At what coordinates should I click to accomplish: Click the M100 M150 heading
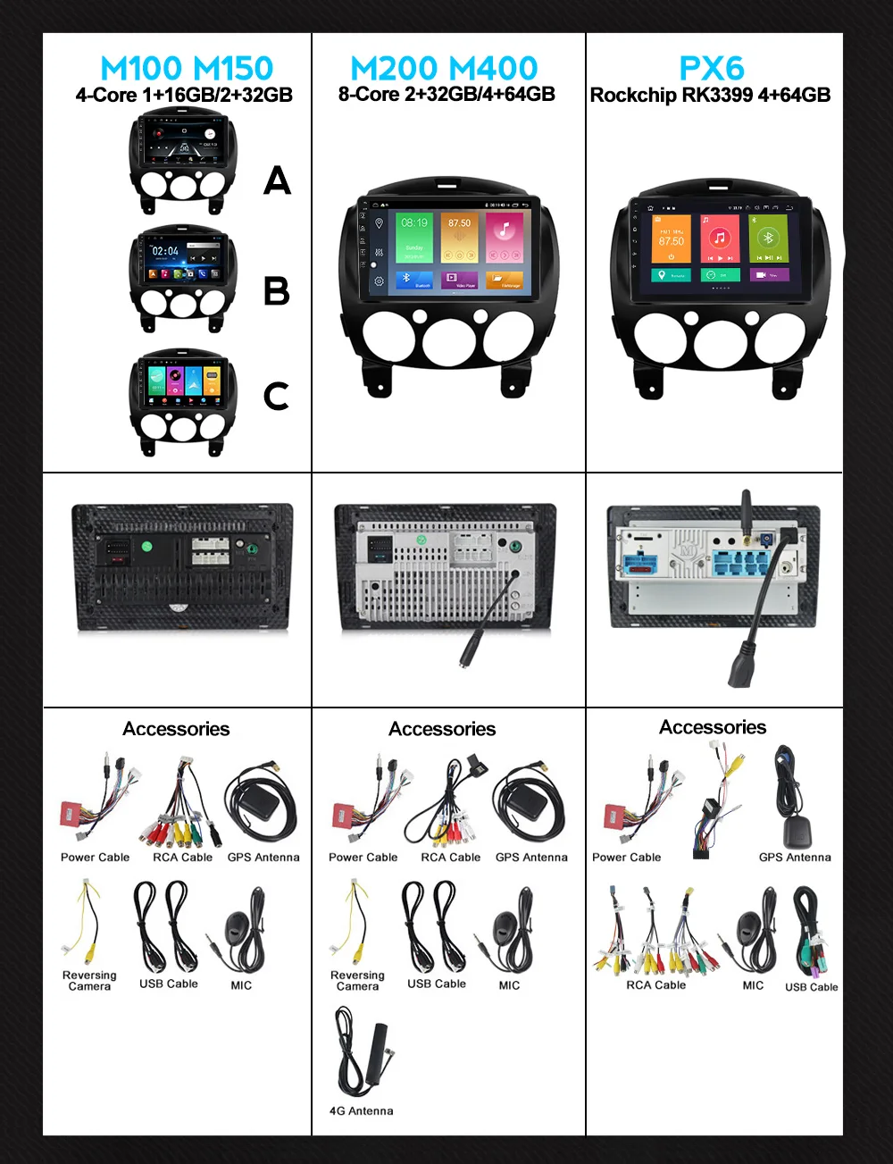click(x=187, y=69)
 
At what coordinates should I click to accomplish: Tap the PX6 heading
click(x=712, y=69)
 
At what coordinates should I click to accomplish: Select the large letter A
click(x=277, y=181)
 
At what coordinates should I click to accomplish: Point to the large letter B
click(x=277, y=291)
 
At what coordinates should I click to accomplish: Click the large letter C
click(x=277, y=397)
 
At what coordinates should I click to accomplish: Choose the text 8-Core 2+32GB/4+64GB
click(x=446, y=95)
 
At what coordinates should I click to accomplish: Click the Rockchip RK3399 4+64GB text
click(x=710, y=96)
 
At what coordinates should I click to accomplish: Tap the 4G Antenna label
click(x=361, y=1111)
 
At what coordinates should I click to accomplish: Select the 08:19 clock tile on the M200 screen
click(x=414, y=236)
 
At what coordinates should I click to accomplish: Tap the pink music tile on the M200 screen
click(x=505, y=236)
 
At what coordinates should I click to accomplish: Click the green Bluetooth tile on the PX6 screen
click(x=768, y=238)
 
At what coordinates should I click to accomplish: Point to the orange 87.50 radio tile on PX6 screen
click(x=672, y=238)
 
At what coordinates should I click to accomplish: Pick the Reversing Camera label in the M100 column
click(x=89, y=981)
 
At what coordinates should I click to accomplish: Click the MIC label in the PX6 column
click(x=753, y=985)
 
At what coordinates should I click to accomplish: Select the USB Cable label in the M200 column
click(x=437, y=984)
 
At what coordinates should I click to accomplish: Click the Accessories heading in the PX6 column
click(x=713, y=727)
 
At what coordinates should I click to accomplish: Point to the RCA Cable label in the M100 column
click(x=182, y=858)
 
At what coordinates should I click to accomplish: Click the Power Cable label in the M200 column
click(x=363, y=858)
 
